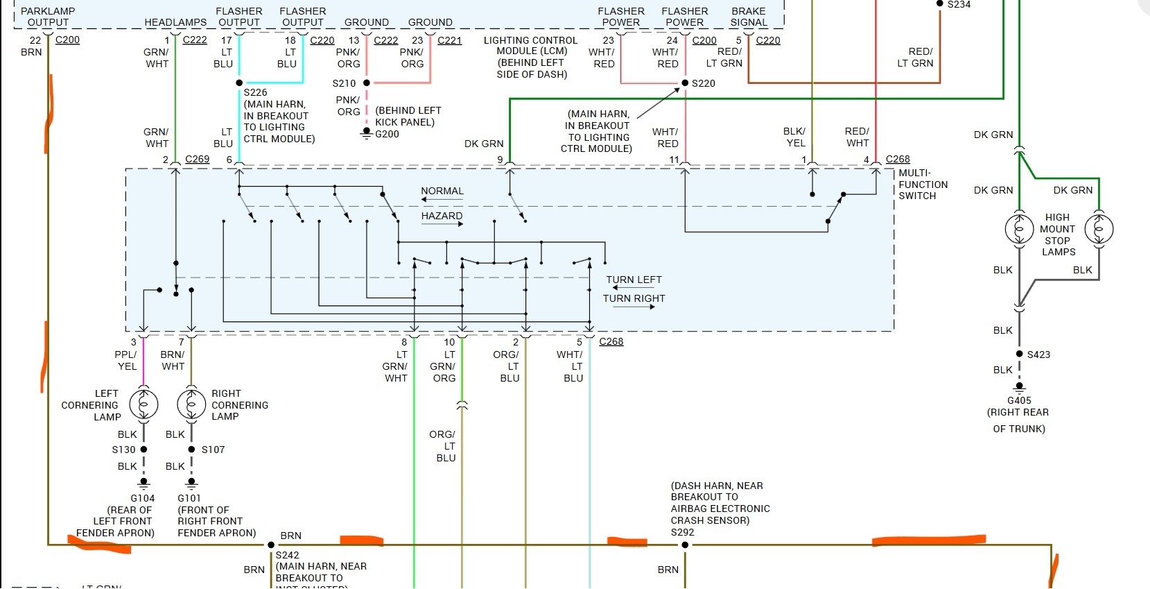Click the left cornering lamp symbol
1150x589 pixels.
tap(143, 404)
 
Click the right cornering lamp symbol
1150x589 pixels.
tap(191, 404)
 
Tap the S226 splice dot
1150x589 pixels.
tap(239, 83)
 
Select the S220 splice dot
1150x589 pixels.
tap(685, 83)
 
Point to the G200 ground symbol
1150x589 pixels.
tap(367, 133)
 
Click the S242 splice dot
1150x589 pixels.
tap(271, 545)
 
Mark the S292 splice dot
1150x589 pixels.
tap(685, 545)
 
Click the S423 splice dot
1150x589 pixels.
tap(1019, 354)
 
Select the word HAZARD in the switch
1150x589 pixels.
tap(442, 216)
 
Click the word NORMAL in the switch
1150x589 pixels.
tap(442, 191)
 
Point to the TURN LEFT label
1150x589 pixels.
tap(634, 280)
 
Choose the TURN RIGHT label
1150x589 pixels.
tap(634, 298)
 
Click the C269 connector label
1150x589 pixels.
tap(197, 159)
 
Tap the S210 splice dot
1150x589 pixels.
tap(367, 83)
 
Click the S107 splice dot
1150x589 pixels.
tap(191, 449)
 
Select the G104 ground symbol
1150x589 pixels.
tap(143, 481)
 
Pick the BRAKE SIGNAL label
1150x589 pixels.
tap(749, 17)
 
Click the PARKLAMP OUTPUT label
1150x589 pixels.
tap(48, 17)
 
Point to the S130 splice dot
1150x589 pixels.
tap(143, 449)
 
